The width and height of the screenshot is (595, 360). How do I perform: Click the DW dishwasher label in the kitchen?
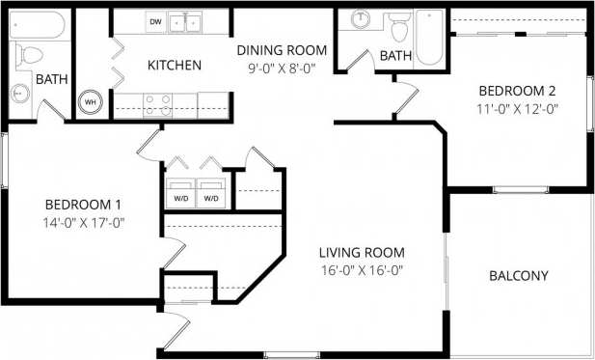point(155,20)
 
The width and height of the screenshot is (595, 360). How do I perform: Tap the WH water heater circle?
point(92,100)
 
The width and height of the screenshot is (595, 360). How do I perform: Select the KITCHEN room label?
point(174,66)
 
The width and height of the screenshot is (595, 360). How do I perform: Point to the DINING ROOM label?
point(283,50)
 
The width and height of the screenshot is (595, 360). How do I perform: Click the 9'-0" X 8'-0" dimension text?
point(283,69)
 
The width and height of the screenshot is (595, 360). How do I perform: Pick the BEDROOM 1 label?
point(83,205)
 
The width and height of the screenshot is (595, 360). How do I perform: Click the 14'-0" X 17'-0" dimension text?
point(83,223)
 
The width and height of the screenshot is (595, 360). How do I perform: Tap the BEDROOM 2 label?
point(517,92)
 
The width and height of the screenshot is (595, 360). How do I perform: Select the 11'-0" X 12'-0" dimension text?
point(517,110)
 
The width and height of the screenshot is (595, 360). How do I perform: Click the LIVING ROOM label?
point(361,253)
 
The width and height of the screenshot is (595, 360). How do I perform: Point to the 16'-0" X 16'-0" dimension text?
point(361,271)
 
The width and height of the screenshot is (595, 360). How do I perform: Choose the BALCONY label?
point(519,276)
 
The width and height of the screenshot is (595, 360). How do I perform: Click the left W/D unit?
point(180,193)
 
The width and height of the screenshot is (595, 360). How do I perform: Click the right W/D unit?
point(210,193)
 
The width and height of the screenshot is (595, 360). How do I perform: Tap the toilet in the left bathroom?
point(27,54)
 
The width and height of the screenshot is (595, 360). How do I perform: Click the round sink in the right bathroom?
point(363,18)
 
